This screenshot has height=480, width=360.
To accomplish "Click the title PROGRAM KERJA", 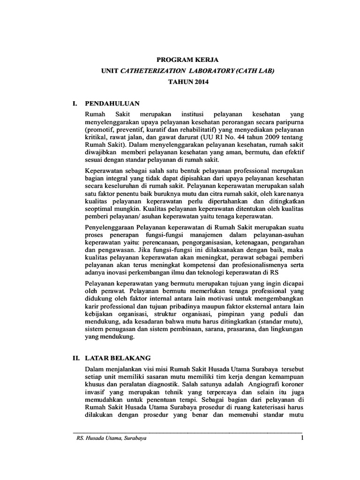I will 180,60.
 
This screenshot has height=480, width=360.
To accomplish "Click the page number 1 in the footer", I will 302,438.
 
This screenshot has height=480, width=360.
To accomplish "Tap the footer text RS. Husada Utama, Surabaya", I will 106,439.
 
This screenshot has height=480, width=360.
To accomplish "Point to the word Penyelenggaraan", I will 109,228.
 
